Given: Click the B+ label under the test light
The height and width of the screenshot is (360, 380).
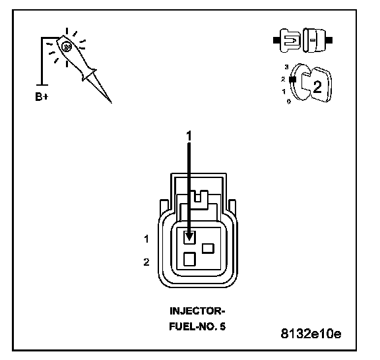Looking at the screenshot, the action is point(42,96).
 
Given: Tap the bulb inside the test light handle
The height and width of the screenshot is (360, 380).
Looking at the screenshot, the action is point(66,47).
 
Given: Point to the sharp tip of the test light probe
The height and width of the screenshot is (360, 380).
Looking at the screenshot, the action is point(111,102).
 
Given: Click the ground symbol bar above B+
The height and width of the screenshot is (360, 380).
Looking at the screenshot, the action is point(42,85).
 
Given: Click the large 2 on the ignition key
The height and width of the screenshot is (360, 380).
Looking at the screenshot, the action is point(317,86).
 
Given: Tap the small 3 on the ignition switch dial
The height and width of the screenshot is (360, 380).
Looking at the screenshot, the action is point(287,67).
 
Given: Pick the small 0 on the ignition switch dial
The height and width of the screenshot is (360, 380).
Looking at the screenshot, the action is point(289,102).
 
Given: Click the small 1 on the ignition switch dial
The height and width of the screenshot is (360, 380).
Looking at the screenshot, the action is point(284,92).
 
